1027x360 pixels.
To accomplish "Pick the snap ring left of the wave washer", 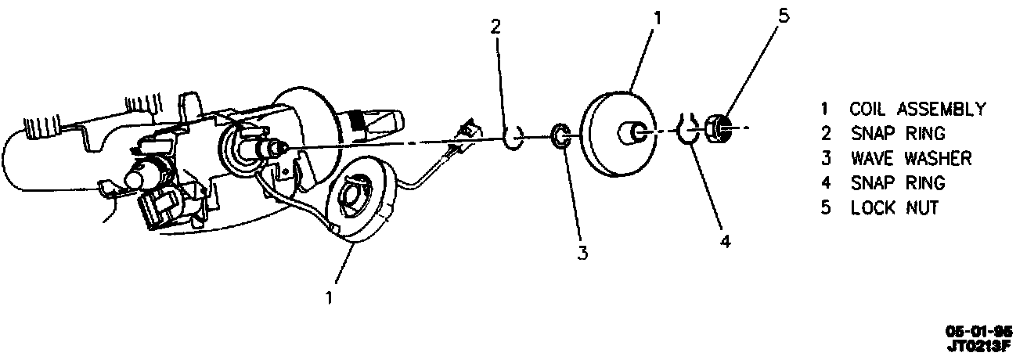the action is click(513, 139).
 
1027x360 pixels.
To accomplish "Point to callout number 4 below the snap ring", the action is click(725, 242).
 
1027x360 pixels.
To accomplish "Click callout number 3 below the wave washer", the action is click(582, 252).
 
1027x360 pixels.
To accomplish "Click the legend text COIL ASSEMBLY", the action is click(917, 109).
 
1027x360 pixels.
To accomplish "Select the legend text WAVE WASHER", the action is click(911, 158).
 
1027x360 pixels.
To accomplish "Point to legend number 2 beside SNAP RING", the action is click(825, 134).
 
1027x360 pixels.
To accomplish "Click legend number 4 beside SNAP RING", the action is click(825, 183).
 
